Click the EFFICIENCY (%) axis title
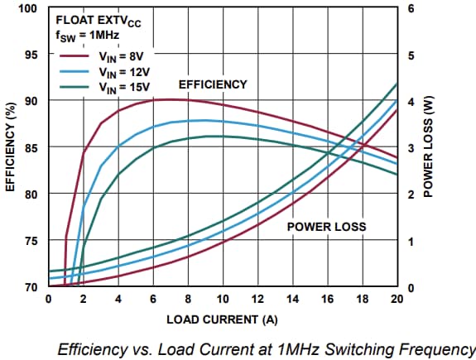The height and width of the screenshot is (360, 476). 11,148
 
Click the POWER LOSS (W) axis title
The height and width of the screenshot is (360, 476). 428,148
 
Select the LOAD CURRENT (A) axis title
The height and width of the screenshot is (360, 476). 223,318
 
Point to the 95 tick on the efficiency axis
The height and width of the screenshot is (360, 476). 32,55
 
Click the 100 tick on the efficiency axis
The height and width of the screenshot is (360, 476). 30,8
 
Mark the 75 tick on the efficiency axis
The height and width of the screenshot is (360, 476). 32,241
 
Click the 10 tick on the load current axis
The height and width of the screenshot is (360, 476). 223,299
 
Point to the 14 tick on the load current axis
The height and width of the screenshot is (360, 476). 292,299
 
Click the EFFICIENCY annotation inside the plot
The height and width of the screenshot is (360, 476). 213,85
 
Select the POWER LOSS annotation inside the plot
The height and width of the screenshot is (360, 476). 326,226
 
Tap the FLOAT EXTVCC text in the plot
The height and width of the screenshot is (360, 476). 99,17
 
